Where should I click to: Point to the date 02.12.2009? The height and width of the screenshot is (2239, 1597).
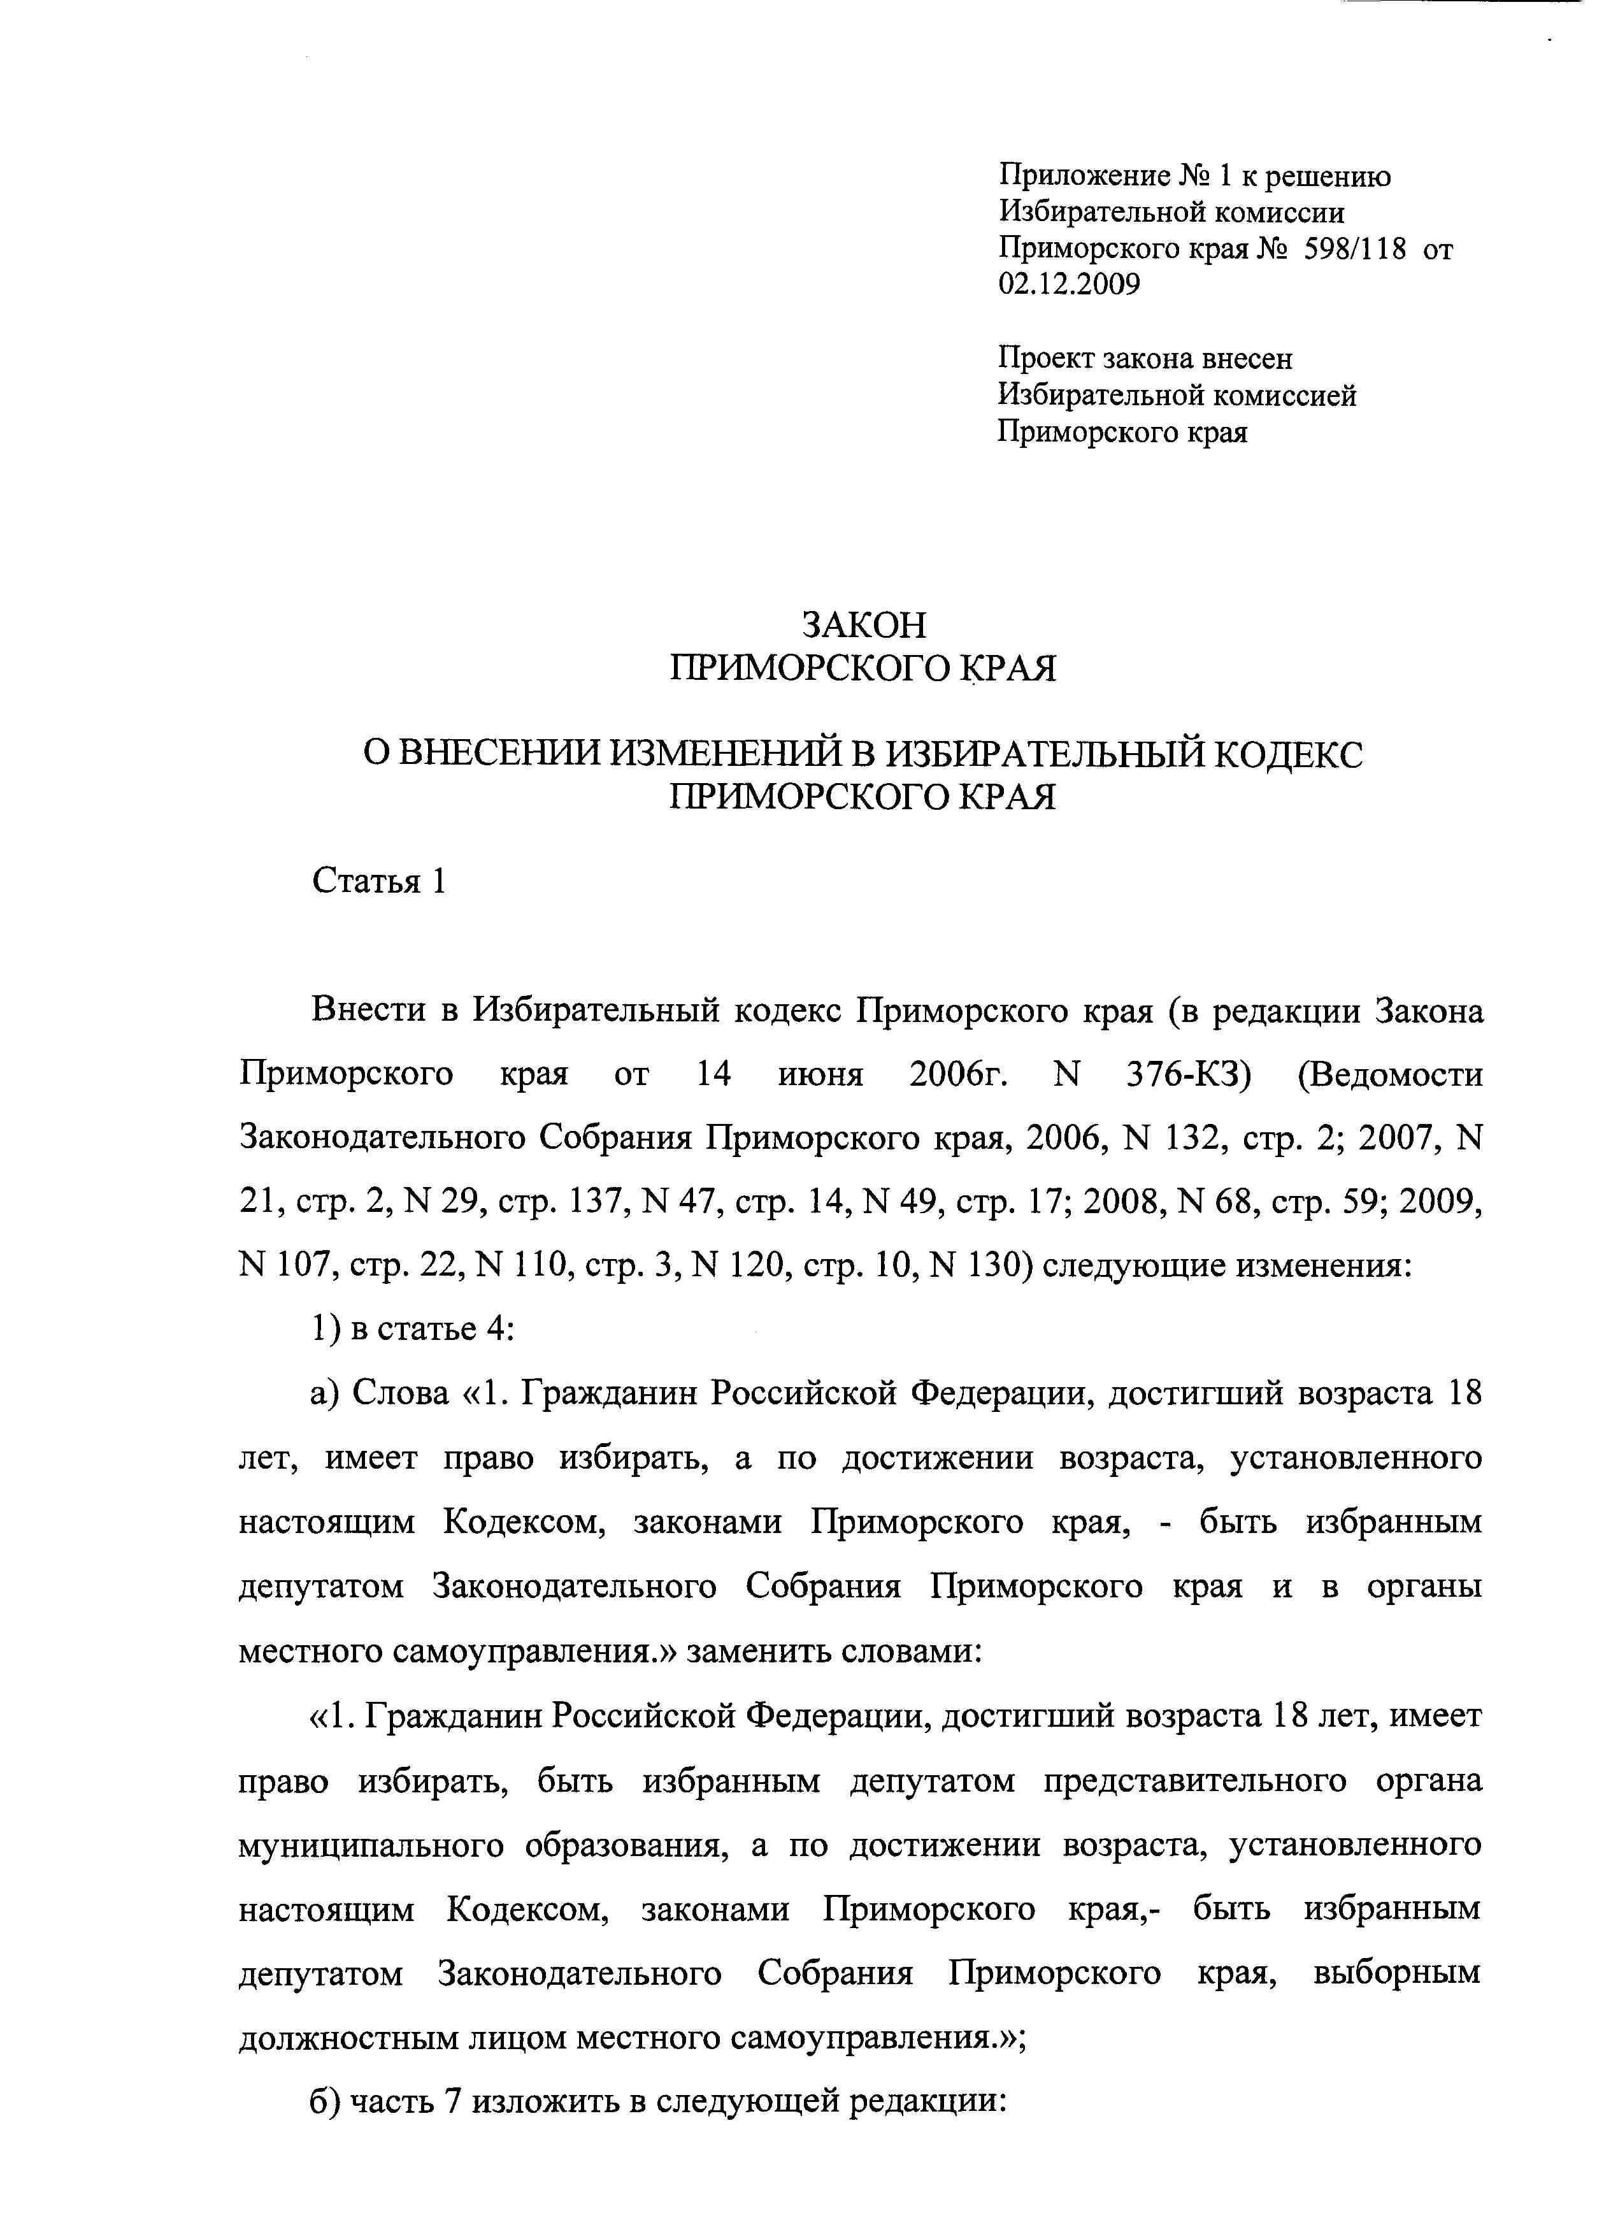1069,285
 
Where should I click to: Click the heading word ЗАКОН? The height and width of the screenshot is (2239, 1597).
863,626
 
